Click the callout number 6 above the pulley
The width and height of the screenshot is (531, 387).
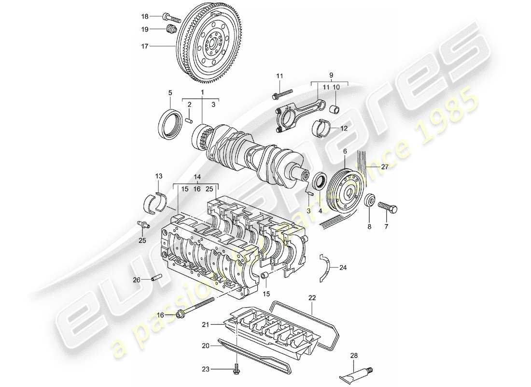345,151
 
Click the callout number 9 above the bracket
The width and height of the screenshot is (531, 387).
331,75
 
